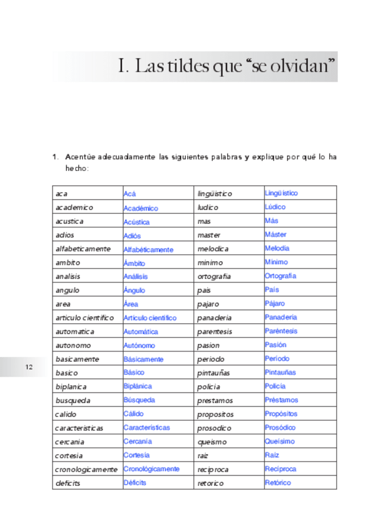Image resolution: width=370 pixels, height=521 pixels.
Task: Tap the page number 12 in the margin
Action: (28, 367)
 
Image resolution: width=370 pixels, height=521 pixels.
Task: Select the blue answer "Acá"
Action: (130, 194)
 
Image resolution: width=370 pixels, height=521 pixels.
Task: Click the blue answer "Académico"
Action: (140, 208)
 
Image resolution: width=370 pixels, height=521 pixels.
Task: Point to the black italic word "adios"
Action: (65, 235)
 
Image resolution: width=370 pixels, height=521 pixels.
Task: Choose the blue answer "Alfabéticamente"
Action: (148, 249)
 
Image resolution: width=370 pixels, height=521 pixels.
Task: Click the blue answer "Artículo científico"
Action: (150, 318)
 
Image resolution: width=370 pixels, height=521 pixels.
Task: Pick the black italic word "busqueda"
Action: (73, 401)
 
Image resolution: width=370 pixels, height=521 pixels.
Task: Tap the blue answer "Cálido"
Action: (134, 413)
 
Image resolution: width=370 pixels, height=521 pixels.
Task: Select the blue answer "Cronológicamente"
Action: (151, 469)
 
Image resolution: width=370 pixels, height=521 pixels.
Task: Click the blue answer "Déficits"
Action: (135, 483)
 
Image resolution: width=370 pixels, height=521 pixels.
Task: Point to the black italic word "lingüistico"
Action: (215, 194)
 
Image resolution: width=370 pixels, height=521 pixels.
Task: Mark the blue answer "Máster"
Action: (275, 235)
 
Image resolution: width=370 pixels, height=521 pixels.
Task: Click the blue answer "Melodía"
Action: (277, 248)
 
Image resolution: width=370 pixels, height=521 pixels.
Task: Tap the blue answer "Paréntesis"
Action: (281, 331)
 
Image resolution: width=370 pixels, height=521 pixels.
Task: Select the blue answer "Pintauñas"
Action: (280, 372)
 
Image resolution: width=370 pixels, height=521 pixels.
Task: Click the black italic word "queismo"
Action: (212, 442)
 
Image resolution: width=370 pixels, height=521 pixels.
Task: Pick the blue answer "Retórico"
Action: (278, 483)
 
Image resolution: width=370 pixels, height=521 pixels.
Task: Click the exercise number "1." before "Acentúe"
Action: (55, 157)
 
